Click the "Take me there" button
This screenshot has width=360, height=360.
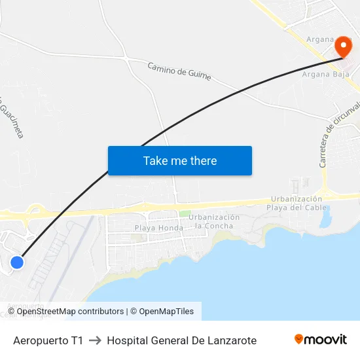click(179, 160)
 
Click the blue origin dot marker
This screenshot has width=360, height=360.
click(17, 262)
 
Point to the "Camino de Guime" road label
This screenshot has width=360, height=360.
click(179, 71)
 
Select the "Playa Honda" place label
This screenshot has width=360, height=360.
click(158, 228)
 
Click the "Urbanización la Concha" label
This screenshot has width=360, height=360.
click(214, 221)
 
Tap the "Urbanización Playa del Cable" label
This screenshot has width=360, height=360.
click(296, 203)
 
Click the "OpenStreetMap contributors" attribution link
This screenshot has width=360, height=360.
click(70, 312)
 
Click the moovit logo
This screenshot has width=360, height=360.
click(320, 340)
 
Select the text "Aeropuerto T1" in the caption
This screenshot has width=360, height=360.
click(48, 340)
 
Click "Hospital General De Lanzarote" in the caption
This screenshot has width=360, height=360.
click(181, 340)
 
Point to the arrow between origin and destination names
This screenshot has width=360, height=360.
click(95, 340)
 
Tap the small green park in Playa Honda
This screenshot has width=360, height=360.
click(185, 213)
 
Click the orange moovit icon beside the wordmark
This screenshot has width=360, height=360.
click(299, 339)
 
